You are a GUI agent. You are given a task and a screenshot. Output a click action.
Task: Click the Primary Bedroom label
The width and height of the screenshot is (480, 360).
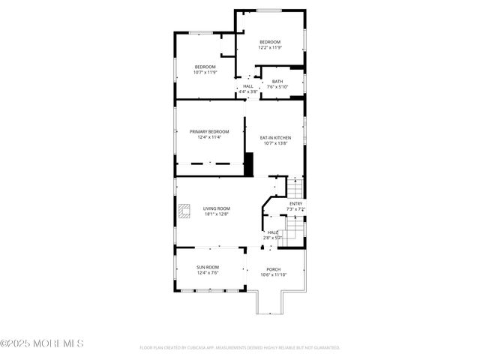click(209, 132)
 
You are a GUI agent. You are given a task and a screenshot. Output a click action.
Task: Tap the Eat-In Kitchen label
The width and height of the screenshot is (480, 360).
click(275, 138)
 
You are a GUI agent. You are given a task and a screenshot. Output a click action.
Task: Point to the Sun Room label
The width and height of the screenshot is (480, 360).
click(208, 268)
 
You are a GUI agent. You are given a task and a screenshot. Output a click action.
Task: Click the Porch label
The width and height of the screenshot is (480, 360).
click(274, 270)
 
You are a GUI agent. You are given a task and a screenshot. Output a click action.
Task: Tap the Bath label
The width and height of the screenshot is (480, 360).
click(277, 82)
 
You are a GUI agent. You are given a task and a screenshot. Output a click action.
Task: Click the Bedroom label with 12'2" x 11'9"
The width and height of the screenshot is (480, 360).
click(270, 41)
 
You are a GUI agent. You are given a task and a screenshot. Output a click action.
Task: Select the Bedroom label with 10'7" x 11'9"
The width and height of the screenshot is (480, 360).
click(205, 67)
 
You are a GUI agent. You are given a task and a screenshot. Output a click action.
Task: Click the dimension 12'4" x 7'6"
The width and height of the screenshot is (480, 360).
click(208, 274)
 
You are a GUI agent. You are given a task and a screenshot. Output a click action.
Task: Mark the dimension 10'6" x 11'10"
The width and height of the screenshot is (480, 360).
click(274, 275)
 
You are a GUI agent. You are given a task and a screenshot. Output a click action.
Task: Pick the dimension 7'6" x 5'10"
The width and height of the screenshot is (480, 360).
click(277, 87)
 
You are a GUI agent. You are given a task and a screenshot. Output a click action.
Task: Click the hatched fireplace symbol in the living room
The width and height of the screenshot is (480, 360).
click(185, 212)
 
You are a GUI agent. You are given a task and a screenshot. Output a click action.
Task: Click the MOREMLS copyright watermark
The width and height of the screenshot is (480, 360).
click(42, 344)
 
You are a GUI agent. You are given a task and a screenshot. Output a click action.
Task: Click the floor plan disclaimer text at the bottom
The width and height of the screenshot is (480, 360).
click(240, 348)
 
